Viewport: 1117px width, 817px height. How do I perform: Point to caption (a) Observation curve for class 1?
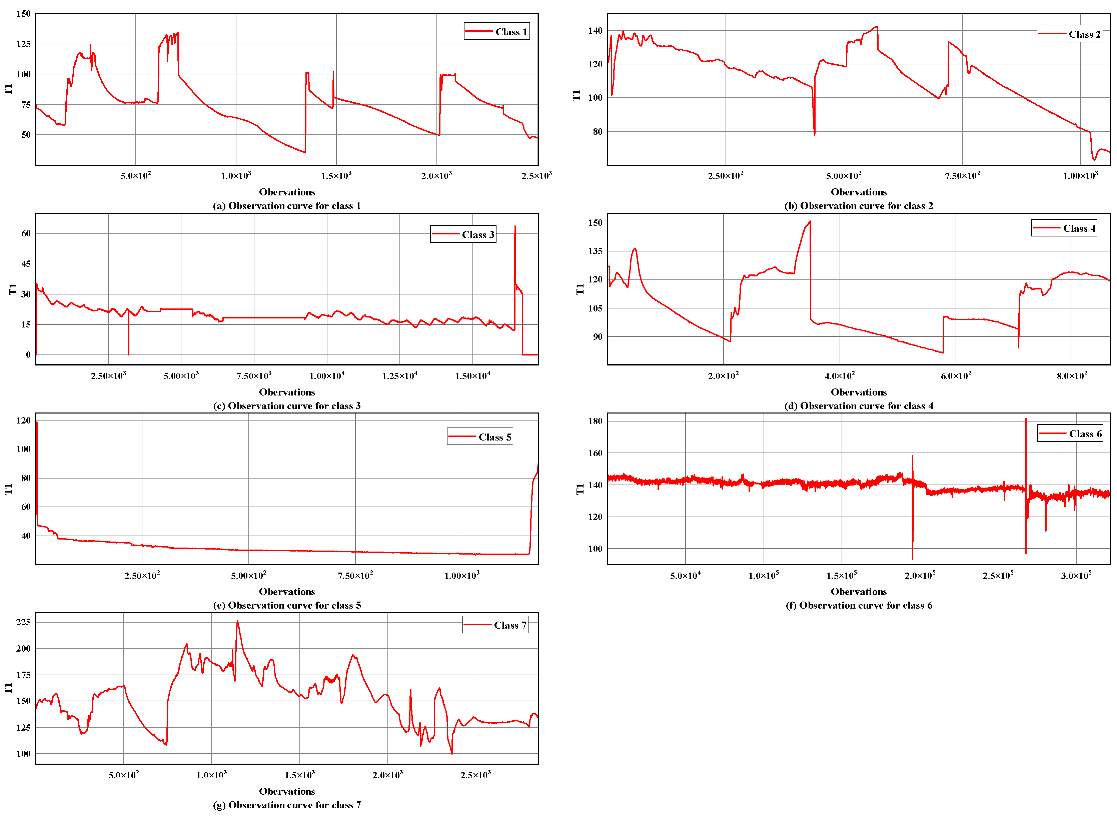(x=287, y=206)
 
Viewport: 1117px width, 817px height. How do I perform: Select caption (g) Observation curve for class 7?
(x=287, y=805)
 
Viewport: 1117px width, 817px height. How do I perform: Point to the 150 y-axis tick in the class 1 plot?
(x=23, y=14)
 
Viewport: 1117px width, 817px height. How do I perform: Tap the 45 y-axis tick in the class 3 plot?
(x=26, y=263)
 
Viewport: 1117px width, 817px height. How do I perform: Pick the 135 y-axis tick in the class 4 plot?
(x=595, y=251)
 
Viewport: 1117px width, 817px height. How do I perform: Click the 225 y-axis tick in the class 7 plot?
(x=23, y=622)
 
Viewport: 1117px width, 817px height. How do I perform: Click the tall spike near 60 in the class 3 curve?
(x=515, y=227)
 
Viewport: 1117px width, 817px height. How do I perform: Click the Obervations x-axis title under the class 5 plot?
(x=287, y=592)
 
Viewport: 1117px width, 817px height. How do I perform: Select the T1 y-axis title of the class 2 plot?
(x=576, y=95)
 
